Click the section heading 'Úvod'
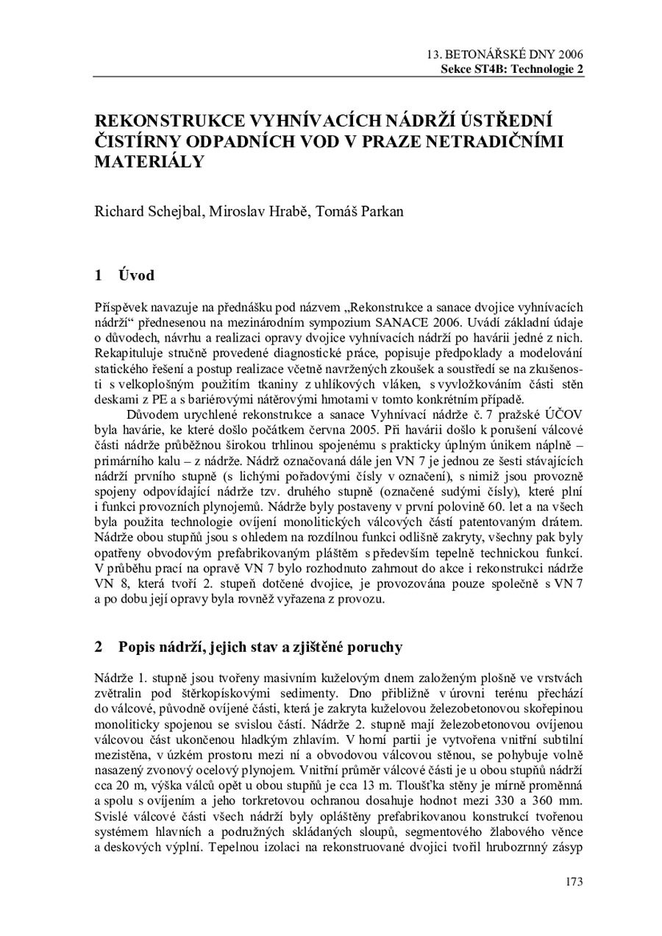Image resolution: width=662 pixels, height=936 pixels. tap(136, 276)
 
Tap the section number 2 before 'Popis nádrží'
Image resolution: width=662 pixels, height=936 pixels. tap(99, 648)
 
